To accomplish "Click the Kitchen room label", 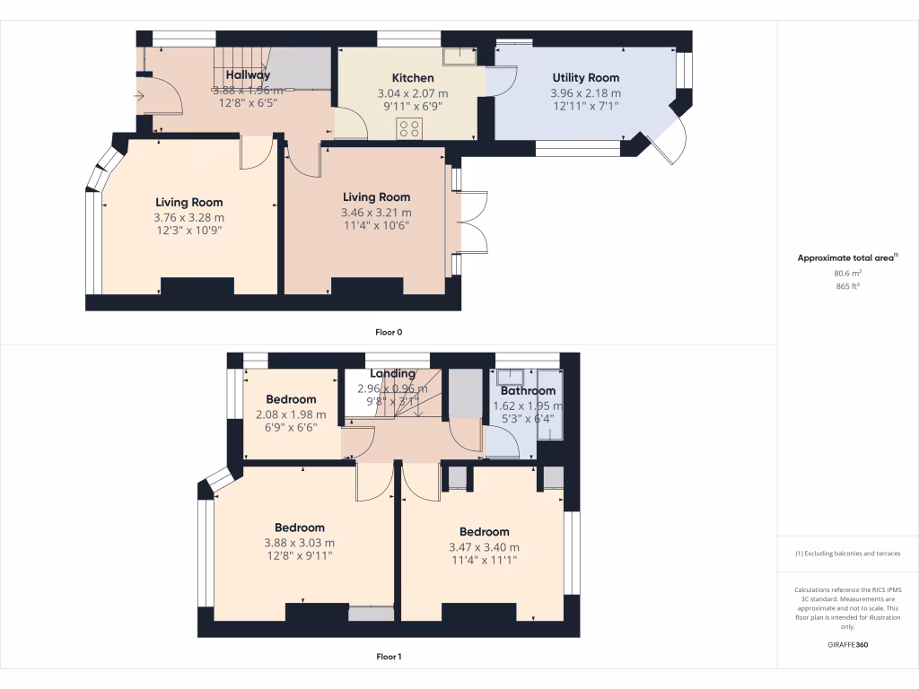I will [413, 78].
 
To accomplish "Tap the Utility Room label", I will [585, 78].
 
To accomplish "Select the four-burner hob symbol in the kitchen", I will [411, 127].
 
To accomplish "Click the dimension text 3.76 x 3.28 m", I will [188, 217].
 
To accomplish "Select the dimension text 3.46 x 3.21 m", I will [376, 213].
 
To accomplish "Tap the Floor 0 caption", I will [389, 332].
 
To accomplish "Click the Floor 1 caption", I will [389, 657].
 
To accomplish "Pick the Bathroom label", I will [528, 391].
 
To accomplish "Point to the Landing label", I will [393, 373].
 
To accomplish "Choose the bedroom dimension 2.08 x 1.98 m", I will [291, 414].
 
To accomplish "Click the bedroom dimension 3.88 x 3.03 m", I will [300, 543].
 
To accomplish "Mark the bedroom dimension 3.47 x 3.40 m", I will [484, 547].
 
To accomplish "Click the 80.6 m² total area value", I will [848, 273].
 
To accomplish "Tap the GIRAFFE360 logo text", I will [848, 644].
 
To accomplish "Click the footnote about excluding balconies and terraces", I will [848, 554].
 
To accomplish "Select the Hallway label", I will [248, 75].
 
